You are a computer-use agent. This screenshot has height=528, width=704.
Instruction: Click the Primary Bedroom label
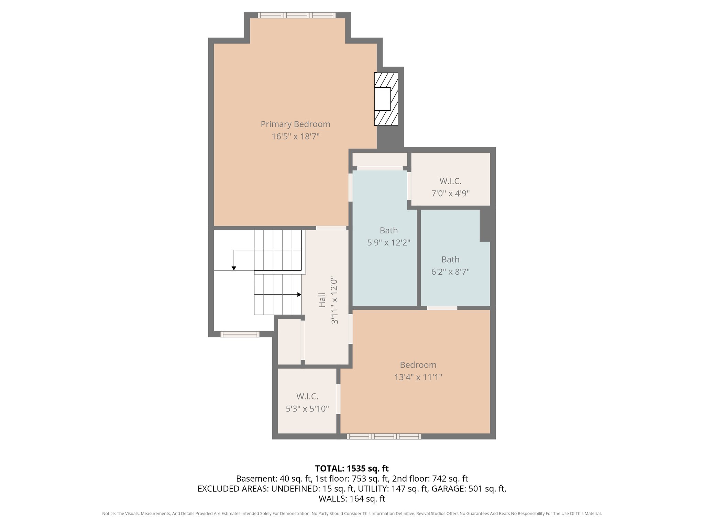tap(295, 124)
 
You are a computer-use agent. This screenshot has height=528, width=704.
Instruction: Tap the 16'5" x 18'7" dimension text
tap(295, 136)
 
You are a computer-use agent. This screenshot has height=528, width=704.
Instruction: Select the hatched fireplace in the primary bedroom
tap(386, 99)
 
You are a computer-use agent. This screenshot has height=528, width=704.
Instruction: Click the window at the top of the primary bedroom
tap(296, 15)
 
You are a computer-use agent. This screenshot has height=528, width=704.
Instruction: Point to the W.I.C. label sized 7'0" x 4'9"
tap(450, 181)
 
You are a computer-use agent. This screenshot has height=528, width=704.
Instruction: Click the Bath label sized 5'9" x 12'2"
tap(388, 230)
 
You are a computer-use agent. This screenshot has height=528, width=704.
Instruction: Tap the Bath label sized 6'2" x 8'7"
tap(450, 260)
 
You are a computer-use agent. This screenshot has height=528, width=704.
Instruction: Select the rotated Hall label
tap(322, 300)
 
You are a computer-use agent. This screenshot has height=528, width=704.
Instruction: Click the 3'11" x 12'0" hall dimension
tap(334, 300)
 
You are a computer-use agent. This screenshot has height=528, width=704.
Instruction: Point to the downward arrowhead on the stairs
tap(234, 268)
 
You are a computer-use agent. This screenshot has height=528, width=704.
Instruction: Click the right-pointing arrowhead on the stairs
tap(299, 295)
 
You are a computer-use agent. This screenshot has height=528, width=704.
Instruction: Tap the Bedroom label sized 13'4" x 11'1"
tap(418, 365)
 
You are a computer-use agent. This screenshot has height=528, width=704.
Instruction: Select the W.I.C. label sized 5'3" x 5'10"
tap(307, 396)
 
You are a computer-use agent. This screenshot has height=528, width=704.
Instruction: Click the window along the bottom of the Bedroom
tap(384, 437)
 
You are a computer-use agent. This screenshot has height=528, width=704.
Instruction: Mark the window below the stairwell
tap(240, 334)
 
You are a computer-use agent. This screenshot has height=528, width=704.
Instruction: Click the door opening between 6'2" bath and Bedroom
tap(442, 308)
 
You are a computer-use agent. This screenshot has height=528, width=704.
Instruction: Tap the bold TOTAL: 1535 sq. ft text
tap(352, 469)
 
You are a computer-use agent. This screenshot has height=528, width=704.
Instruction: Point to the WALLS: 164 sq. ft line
tap(352, 498)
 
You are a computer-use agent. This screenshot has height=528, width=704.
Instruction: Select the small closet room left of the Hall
tap(289, 341)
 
